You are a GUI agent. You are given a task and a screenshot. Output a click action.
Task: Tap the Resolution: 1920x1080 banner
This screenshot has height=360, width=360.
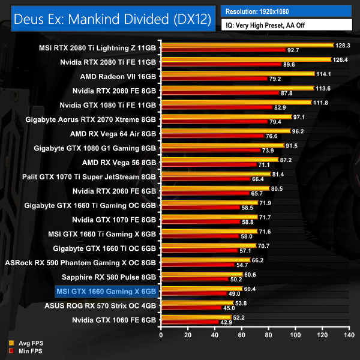(286, 11)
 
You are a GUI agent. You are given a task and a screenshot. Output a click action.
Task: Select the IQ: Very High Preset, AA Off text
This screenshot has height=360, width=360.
(286, 25)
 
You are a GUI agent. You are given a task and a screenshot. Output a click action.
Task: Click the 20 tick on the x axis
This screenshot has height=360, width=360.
(188, 334)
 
